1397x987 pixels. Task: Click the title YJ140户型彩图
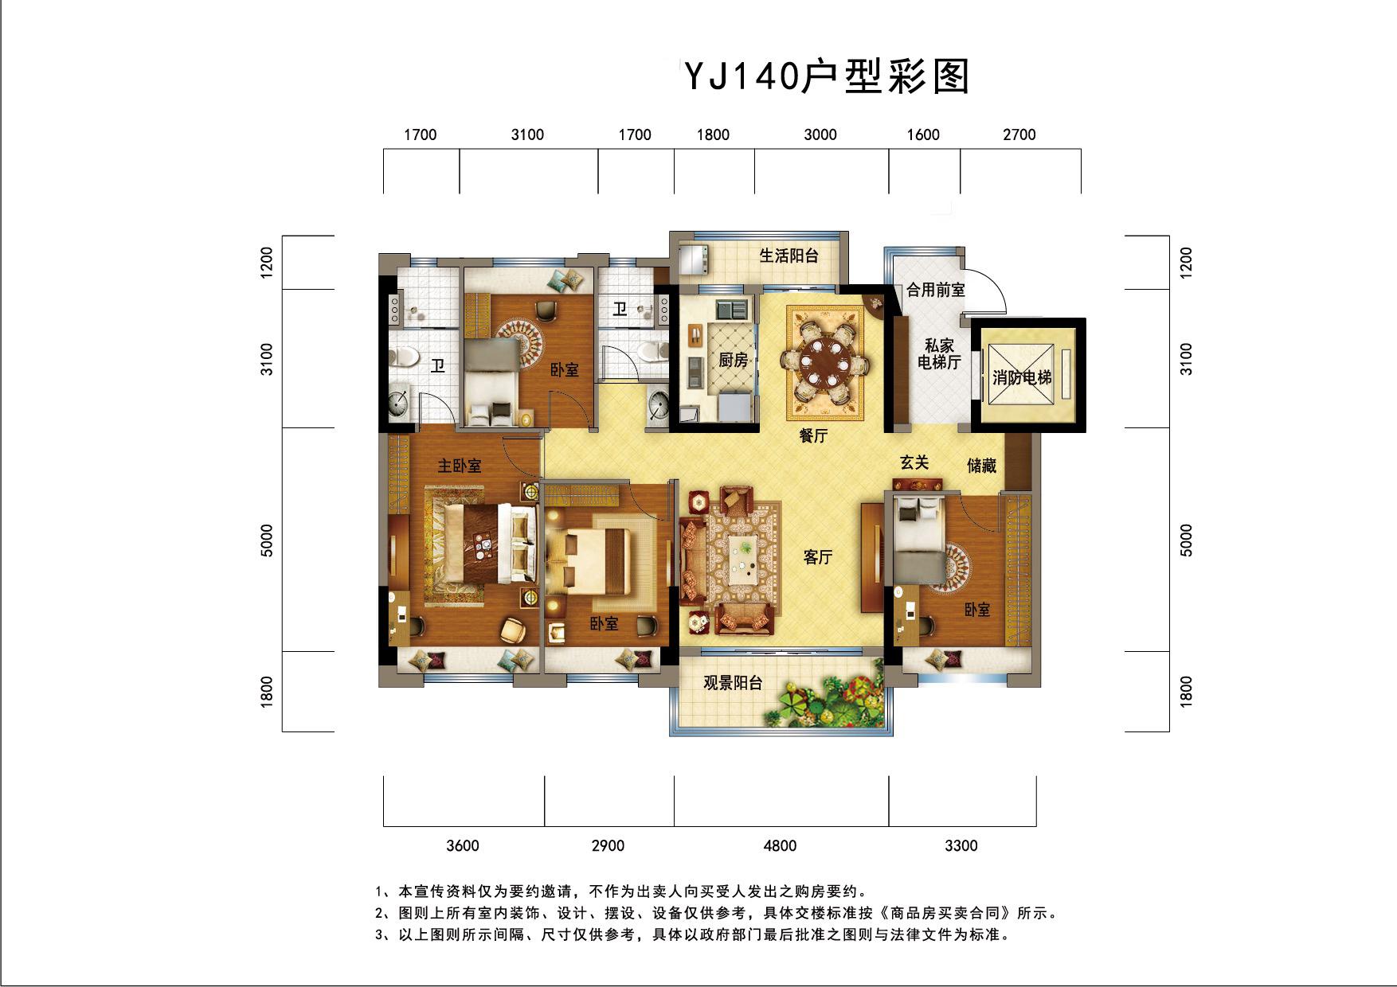click(827, 77)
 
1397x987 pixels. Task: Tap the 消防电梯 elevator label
click(1022, 377)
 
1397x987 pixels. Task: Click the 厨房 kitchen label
click(733, 361)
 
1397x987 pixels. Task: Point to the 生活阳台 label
click(789, 256)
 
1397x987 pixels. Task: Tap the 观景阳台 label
click(733, 683)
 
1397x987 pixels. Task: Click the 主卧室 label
click(460, 466)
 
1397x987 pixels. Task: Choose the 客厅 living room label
click(817, 557)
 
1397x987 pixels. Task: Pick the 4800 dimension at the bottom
click(780, 845)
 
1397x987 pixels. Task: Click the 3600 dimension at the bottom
click(463, 845)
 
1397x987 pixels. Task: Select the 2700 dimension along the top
click(1019, 135)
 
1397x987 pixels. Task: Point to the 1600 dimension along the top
click(923, 135)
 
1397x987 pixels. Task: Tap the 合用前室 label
click(936, 291)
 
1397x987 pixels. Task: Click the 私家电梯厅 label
click(940, 354)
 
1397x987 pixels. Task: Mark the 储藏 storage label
click(981, 466)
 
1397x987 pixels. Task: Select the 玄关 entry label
click(914, 462)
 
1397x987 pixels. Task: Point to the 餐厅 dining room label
click(814, 435)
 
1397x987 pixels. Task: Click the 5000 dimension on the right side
click(1187, 540)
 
